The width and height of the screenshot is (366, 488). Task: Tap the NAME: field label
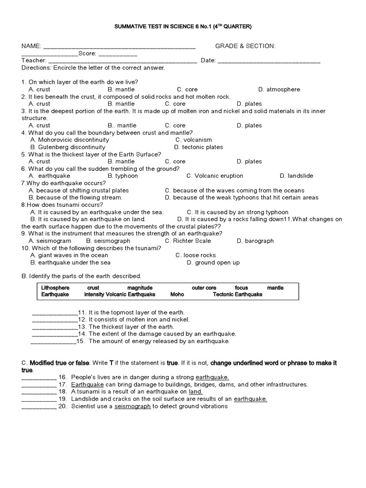point(31,46)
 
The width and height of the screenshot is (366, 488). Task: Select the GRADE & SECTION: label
point(245,46)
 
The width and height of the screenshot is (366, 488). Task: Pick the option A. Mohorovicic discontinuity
point(70,140)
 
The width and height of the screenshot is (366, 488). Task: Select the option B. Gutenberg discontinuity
point(68,147)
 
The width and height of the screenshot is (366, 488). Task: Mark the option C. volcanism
point(193,140)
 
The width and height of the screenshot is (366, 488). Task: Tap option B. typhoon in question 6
point(122,176)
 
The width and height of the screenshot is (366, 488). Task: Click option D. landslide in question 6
point(296,176)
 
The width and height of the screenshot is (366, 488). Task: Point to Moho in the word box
point(177,295)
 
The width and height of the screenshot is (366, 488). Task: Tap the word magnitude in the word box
point(140,288)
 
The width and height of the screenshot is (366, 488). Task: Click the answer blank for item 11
point(54,312)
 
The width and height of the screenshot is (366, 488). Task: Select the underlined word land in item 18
point(195,391)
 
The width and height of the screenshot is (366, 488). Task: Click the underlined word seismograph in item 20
point(132,406)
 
